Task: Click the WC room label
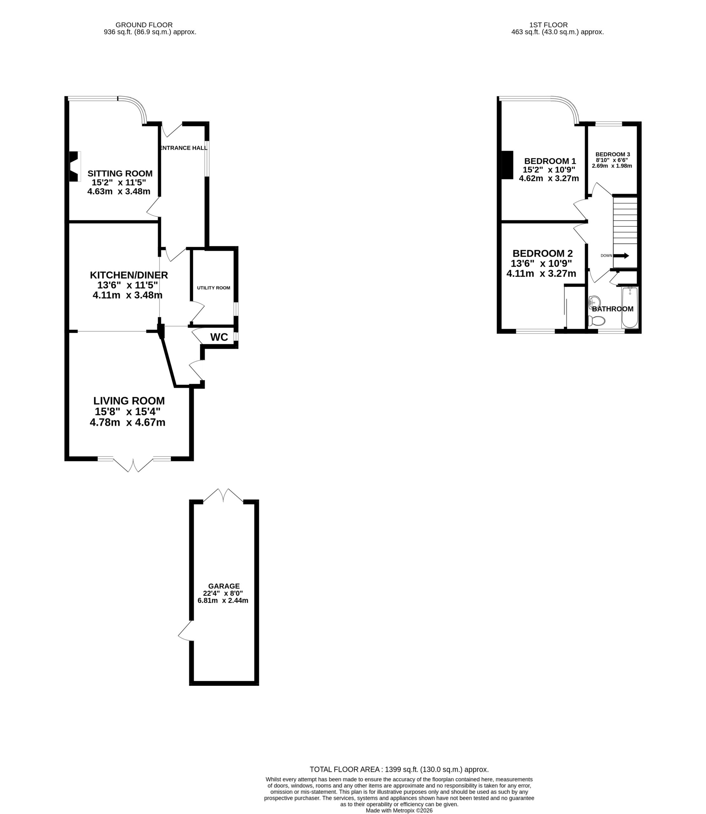[x=219, y=337]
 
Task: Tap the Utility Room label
[x=213, y=288]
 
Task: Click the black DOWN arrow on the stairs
[x=621, y=256]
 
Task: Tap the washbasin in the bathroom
[x=594, y=302]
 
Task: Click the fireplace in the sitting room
[x=74, y=166]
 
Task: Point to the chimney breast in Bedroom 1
[x=507, y=165]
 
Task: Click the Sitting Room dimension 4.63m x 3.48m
[x=119, y=191]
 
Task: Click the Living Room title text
[x=129, y=401]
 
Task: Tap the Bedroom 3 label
[x=613, y=154]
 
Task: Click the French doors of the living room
[x=134, y=465]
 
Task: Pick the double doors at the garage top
[x=223, y=495]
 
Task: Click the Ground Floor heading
[x=144, y=25]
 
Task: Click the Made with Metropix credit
[x=399, y=811]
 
